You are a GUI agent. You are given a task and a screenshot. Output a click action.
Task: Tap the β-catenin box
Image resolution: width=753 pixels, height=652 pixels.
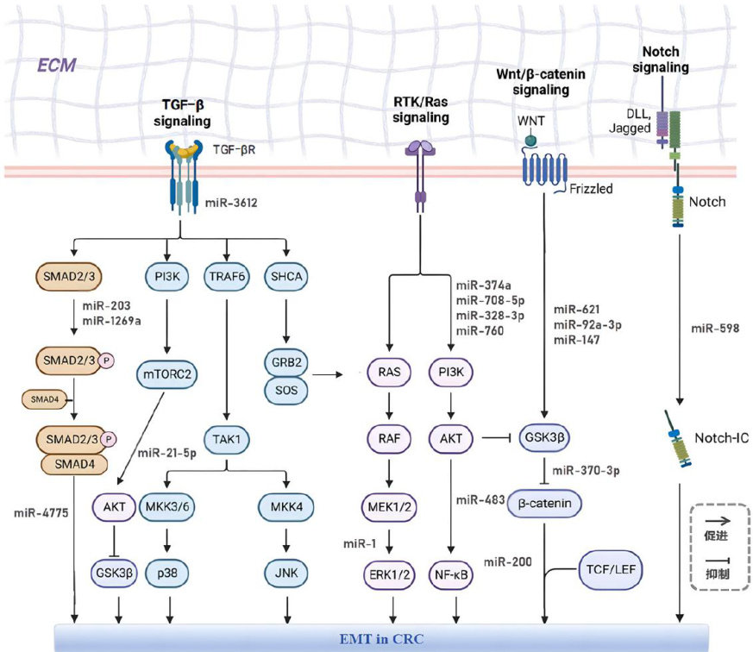tap(543, 504)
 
